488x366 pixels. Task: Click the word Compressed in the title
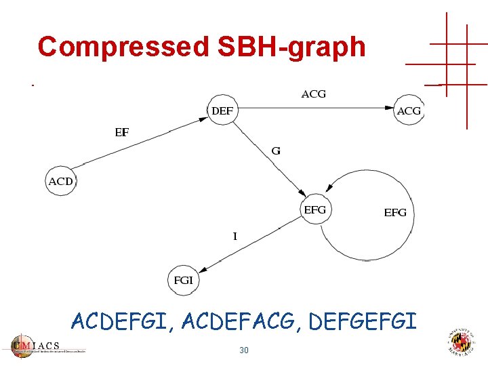pos(123,47)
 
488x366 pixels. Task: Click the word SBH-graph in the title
pos(291,47)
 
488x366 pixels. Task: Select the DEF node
pos(222,110)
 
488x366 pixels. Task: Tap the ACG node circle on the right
pos(409,110)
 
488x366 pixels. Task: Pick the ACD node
pos(61,181)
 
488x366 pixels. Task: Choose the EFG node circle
pos(314,210)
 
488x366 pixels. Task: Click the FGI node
pos(184,279)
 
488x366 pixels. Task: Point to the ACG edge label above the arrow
pos(313,94)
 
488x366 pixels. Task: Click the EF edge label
pos(121,133)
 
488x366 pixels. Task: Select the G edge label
pos(276,150)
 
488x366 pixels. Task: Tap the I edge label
pos(235,237)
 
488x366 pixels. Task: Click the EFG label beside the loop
pos(395,213)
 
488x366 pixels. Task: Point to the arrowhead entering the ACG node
pos(389,107)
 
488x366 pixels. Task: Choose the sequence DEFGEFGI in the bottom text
pos(363,321)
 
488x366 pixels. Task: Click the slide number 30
pos(243,350)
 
